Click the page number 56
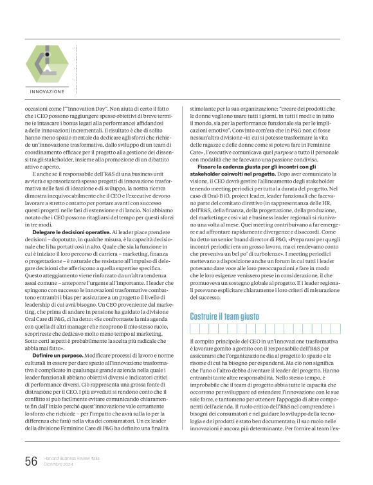[30, 460]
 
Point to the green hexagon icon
[47, 63]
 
